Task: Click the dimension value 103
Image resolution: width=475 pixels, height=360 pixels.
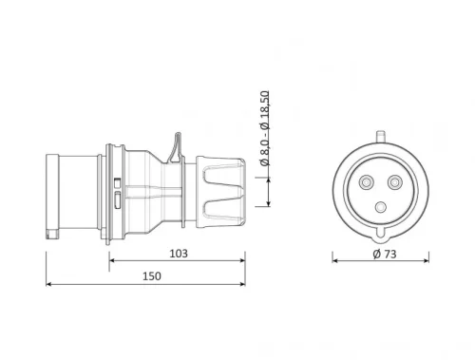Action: click(x=178, y=253)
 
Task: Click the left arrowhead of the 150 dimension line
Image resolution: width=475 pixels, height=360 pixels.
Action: click(x=48, y=283)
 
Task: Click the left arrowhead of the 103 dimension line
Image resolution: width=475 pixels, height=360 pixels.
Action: click(x=112, y=260)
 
